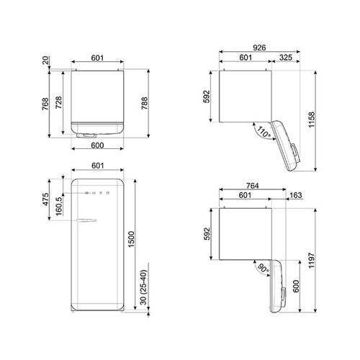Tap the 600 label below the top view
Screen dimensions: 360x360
point(99,144)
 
